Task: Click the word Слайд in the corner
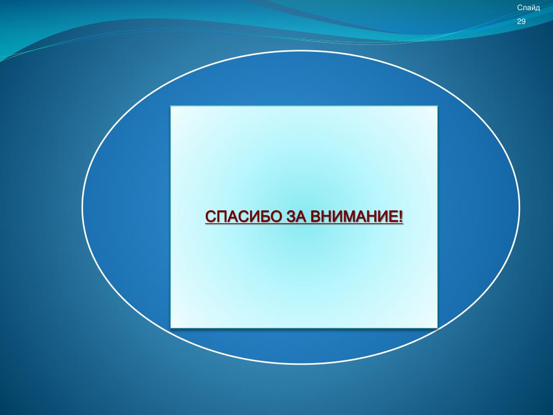pos(528,8)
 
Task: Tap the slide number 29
pos(521,22)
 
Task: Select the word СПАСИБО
pos(243,216)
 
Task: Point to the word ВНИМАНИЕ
pos(354,216)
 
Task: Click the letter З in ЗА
pos(291,216)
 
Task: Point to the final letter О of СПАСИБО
pos(275,216)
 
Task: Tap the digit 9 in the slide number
pos(523,22)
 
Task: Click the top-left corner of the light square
pos(171,106)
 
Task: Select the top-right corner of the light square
pos(437,106)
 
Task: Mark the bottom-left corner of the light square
pos(171,328)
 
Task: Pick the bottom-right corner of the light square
pos(437,328)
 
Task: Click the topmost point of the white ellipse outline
pos(300,51)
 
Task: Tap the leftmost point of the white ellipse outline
pos(82,207)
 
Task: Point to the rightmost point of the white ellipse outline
pos(520,207)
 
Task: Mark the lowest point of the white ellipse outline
pos(300,364)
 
